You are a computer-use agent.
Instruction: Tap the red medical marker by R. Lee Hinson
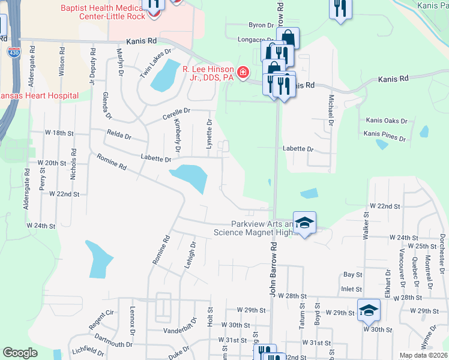click(243, 73)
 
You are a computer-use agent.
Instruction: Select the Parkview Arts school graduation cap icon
click(304, 223)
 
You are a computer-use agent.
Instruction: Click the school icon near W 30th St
click(369, 310)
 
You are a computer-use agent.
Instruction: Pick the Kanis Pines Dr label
click(385, 135)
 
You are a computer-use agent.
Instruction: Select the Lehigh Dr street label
click(190, 254)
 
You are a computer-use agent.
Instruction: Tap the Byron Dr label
click(261, 25)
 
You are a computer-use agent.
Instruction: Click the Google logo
click(20, 353)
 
